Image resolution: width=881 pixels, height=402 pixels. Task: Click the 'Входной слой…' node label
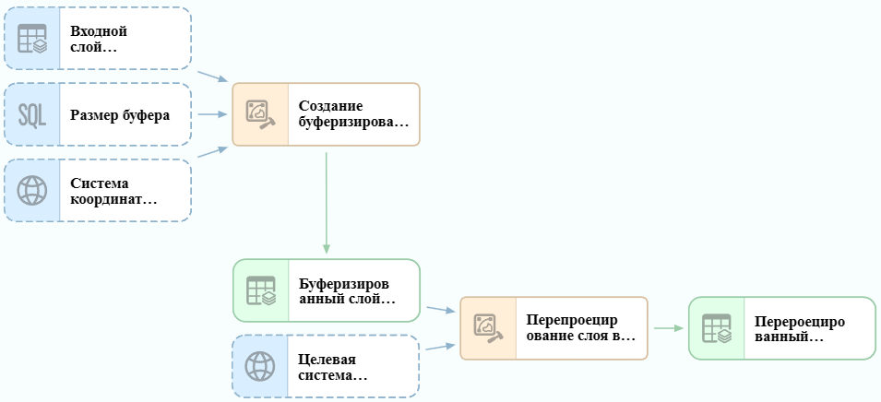[x=99, y=39]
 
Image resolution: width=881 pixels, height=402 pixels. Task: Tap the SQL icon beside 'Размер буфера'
[x=32, y=114]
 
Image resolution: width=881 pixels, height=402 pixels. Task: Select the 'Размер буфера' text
[x=120, y=115]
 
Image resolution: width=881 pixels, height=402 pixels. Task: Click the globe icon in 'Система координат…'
[x=32, y=190]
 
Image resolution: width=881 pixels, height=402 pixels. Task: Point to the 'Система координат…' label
[x=113, y=191]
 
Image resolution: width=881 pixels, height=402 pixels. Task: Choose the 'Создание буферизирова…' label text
[x=353, y=114]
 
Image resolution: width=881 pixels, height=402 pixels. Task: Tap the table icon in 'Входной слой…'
[x=32, y=39]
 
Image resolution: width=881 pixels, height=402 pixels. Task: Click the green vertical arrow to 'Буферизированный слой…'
[x=327, y=203]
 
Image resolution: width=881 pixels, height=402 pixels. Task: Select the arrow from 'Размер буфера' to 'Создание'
[x=212, y=114]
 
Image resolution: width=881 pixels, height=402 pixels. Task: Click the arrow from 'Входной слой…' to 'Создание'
[x=212, y=77]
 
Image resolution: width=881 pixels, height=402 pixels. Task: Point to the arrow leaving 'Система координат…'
[x=212, y=151]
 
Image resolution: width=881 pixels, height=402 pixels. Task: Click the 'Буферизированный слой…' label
[x=347, y=290]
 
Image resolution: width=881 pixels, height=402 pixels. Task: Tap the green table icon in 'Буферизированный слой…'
[x=261, y=290]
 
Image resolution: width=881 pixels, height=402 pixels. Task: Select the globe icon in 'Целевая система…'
[x=260, y=367]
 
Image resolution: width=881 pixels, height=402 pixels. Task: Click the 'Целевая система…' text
[x=333, y=367]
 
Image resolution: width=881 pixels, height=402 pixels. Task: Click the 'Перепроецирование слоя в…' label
[x=581, y=328]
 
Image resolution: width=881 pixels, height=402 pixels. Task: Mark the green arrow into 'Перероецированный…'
[x=669, y=328]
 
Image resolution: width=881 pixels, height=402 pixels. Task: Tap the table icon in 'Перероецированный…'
[x=717, y=328]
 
